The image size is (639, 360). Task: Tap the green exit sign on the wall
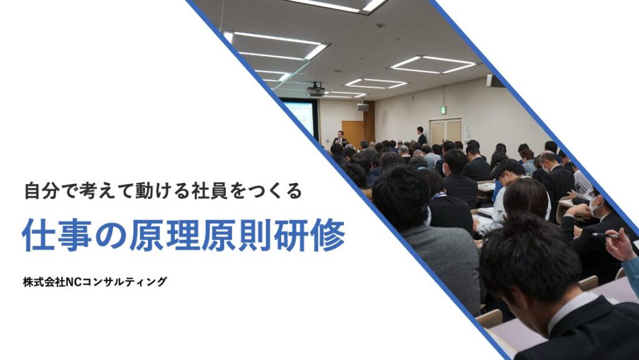pos(444,110)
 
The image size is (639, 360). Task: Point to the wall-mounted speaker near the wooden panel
pos(363,107)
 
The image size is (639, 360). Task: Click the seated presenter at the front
pos(340,137)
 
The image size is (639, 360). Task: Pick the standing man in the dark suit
pos(421,136)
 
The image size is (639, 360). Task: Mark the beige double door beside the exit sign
pos(446,132)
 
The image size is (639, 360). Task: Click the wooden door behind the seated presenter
pos(353,132)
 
